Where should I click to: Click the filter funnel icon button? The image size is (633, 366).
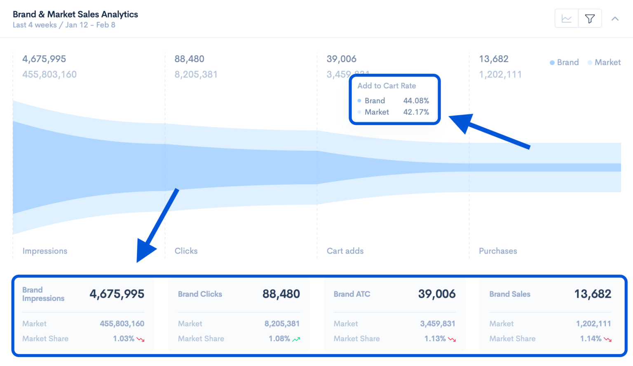pos(590,19)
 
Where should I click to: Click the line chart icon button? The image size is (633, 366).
pos(567,19)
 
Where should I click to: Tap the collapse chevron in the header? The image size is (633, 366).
pos(615,19)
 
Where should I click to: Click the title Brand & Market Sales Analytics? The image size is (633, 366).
pos(75,14)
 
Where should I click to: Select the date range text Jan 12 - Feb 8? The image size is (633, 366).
pos(90,25)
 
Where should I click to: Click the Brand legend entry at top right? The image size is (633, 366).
pos(565,63)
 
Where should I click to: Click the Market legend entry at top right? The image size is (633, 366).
pos(604,63)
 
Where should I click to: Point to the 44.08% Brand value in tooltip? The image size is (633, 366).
pos(416,100)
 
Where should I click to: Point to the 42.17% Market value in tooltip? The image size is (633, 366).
pos(416,112)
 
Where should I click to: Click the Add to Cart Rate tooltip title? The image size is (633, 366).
pos(387,86)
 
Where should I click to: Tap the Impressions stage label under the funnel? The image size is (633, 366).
pos(45,251)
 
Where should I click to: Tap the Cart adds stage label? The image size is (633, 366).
pos(345,251)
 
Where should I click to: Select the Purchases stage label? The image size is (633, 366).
pos(498,251)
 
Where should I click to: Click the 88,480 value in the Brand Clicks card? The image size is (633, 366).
pos(281,294)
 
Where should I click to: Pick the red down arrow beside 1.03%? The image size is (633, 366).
pos(141,339)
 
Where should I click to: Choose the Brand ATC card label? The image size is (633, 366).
pos(352,294)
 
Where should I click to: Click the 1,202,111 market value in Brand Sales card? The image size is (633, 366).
pos(593,324)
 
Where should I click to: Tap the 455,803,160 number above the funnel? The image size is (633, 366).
pos(49,75)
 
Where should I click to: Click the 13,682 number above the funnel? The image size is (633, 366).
pos(493,59)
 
